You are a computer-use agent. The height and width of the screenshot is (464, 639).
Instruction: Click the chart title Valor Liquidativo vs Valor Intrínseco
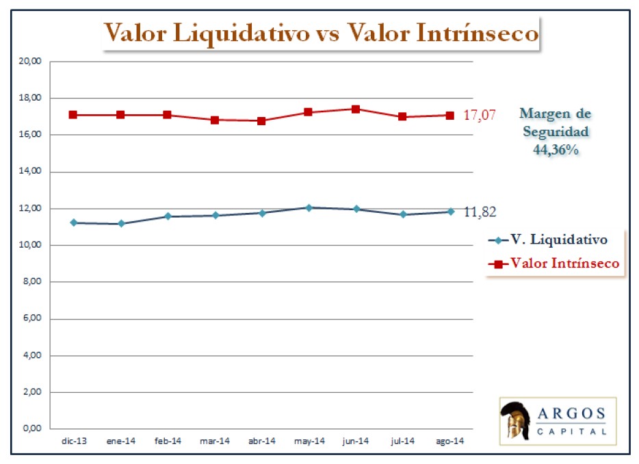pos(320,33)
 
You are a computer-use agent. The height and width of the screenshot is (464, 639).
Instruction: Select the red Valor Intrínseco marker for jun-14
pos(356,109)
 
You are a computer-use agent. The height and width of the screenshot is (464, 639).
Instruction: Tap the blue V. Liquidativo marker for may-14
pos(309,207)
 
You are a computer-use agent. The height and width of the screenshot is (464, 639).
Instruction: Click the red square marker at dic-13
pos(73,115)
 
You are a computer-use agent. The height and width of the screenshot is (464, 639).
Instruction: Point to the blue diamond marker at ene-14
pos(121,224)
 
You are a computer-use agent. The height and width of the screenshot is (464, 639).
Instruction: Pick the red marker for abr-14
pos(262,121)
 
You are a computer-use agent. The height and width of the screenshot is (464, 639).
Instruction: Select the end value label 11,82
pos(479,212)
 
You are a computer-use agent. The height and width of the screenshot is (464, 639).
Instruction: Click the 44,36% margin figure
pos(556,150)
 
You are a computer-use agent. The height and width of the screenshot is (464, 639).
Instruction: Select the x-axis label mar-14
pos(215,441)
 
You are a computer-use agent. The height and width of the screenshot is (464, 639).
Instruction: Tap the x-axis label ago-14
pos(450,441)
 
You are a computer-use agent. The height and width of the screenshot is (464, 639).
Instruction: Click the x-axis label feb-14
pos(168,441)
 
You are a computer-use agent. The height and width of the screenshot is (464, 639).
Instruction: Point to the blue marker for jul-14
pos(403,214)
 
